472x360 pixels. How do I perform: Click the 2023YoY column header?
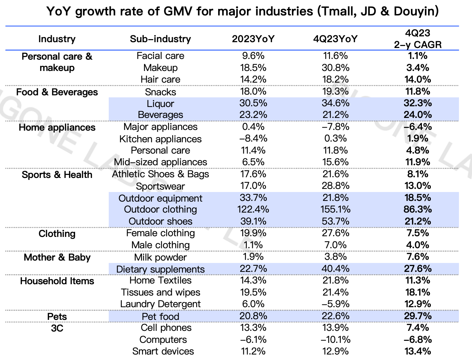[x=253, y=39]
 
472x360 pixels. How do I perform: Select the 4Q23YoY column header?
[x=335, y=39]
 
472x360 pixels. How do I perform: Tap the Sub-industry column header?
[x=160, y=39]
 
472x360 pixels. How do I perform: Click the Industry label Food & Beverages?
[x=57, y=92]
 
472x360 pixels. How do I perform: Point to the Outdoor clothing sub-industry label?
[x=160, y=209]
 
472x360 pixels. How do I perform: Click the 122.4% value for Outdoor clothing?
[x=253, y=209]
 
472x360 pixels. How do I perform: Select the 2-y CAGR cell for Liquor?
[x=417, y=103]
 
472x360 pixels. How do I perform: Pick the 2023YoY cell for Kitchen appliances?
[x=253, y=139]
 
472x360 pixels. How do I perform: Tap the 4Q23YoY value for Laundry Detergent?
[x=335, y=304]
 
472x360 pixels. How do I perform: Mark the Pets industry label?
[x=57, y=316]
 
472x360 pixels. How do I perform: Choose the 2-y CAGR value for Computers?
[x=417, y=340]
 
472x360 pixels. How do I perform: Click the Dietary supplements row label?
[x=160, y=269]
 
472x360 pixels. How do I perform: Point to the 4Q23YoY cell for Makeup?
[x=335, y=68]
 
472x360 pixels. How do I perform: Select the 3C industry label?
[x=57, y=328]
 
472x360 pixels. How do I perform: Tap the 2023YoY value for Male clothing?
[x=253, y=245]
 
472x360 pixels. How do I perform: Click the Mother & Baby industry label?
[x=57, y=257]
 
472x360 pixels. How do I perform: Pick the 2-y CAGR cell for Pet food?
[x=417, y=316]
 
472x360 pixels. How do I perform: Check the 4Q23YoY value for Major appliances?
[x=335, y=127]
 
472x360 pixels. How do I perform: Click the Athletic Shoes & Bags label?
[x=160, y=174]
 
